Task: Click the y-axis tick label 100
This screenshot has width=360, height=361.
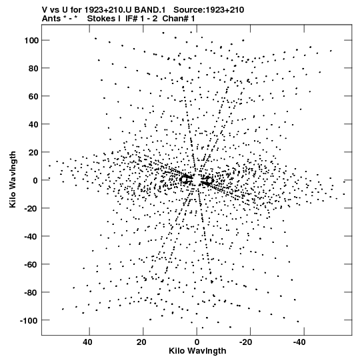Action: tap(31, 41)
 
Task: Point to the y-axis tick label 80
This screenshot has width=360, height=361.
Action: tap(33, 68)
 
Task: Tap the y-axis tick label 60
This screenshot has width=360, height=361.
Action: tap(33, 97)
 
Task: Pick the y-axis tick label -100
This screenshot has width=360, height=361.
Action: tap(29, 320)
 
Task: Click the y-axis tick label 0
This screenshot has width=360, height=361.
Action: tap(35, 180)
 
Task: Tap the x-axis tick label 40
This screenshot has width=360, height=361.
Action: tap(87, 342)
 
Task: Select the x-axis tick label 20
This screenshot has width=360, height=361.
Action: tap(141, 342)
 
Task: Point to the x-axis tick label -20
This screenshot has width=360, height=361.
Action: tap(245, 342)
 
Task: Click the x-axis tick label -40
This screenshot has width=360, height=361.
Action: tap(299, 342)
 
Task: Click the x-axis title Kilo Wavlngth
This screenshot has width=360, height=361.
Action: tap(197, 351)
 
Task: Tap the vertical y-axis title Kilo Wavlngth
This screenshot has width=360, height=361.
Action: tap(13, 179)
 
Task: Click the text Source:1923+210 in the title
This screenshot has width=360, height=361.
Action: tap(209, 10)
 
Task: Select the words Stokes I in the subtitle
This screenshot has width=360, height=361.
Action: tap(104, 19)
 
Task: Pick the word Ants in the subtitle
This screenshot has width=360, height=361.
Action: tap(51, 19)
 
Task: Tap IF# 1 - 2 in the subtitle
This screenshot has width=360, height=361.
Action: tap(141, 19)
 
